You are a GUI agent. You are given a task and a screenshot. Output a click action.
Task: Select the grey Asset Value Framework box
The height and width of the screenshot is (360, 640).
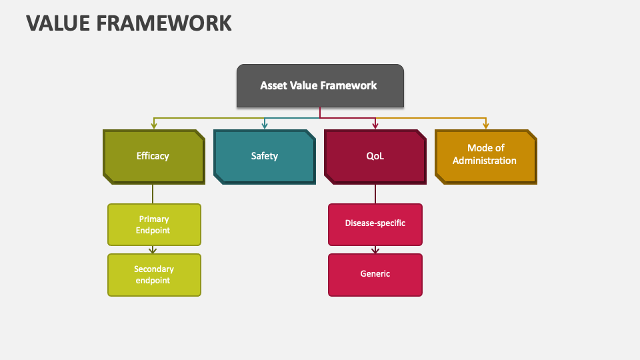320,85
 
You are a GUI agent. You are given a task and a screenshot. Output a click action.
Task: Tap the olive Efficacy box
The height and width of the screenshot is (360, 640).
153,156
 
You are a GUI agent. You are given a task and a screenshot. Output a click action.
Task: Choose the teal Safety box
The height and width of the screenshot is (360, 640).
264,156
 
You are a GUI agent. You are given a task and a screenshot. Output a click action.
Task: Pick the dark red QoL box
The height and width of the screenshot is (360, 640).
375,156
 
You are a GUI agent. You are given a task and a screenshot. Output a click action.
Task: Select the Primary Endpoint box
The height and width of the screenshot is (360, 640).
154,225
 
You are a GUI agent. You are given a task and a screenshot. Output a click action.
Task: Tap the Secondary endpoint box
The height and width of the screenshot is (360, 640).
154,275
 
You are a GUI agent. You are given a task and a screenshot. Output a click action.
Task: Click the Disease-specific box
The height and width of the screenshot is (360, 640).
375,224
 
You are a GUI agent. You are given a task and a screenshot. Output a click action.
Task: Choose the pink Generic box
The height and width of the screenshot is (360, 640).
375,274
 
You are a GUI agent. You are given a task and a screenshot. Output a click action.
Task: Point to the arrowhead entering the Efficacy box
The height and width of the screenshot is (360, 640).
154,125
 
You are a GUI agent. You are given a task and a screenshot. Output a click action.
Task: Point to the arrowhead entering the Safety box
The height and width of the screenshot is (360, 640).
265,125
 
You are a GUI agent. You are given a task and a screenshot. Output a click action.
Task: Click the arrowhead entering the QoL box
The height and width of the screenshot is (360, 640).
375,125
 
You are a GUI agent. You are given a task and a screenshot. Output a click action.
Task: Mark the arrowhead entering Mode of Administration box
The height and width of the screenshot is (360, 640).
485,125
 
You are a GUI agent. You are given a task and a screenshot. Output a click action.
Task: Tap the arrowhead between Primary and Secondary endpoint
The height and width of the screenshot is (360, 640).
153,250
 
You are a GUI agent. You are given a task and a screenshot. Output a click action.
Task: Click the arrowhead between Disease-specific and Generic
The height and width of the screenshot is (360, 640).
375,250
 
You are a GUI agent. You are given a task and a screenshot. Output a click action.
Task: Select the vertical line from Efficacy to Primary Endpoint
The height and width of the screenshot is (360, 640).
153,193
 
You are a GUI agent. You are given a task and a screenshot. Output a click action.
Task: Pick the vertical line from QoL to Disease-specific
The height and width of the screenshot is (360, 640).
375,193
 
